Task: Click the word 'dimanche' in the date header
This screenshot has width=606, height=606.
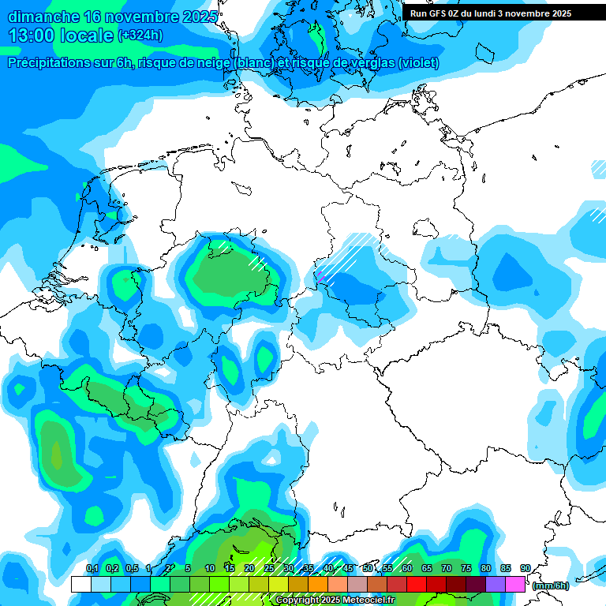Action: (43, 17)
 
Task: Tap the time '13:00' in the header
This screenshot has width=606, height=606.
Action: (32, 36)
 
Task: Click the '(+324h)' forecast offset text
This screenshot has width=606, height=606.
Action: (140, 36)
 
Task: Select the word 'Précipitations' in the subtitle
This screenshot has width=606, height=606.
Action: (50, 63)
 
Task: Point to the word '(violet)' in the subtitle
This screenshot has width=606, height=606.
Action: (418, 63)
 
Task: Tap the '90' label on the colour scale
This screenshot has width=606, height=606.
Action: (525, 568)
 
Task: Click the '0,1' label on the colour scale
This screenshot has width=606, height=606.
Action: (92, 568)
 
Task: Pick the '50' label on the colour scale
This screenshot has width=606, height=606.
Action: (367, 568)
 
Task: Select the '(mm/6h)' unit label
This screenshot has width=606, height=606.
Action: (551, 585)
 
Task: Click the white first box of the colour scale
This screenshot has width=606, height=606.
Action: (80, 585)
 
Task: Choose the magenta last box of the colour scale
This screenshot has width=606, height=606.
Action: (514, 585)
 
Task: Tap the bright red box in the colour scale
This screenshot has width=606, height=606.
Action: (416, 585)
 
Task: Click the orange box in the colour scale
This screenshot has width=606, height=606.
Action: (317, 585)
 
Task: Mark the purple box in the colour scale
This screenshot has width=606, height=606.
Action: (495, 585)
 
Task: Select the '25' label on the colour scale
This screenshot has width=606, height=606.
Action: (269, 568)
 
